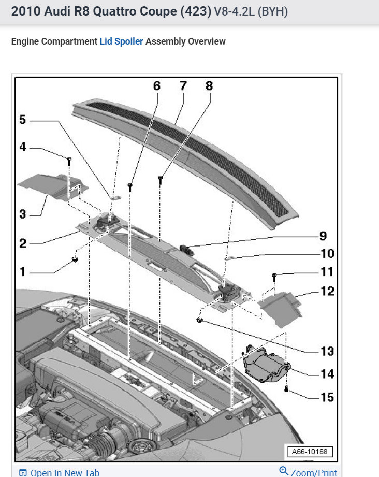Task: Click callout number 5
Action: [22, 120]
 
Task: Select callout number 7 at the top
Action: [183, 86]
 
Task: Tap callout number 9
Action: [323, 236]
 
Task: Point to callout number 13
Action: [327, 351]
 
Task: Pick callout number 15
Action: [327, 398]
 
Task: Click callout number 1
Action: [22, 271]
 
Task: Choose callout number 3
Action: [22, 213]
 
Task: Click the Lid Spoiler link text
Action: [121, 41]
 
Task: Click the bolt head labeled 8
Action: [161, 179]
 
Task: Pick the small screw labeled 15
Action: [286, 389]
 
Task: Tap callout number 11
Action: [327, 271]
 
